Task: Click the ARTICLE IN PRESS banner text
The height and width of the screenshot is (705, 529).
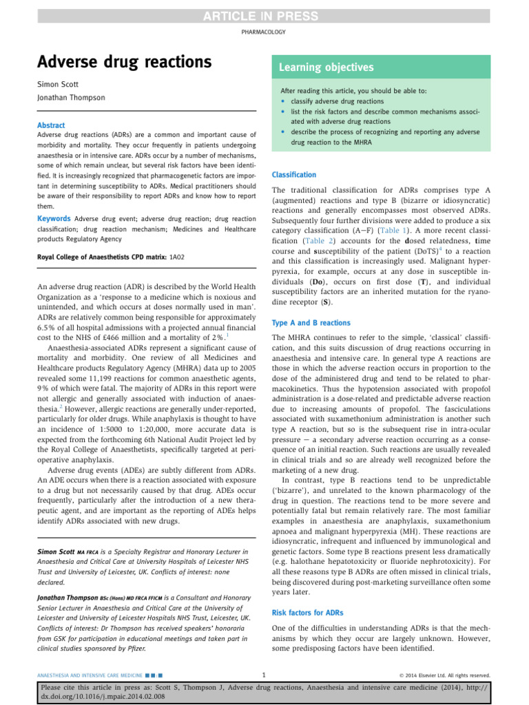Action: tap(264, 16)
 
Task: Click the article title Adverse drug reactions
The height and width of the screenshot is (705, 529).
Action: tap(124, 62)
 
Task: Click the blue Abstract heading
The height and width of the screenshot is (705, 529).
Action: tap(51, 125)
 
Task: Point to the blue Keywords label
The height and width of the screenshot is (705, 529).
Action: tap(54, 218)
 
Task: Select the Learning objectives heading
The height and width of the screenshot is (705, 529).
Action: tap(326, 67)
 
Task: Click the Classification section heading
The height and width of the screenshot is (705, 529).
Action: tap(294, 175)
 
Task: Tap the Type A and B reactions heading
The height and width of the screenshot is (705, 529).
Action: tap(311, 322)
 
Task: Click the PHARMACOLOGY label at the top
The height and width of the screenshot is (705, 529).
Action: tap(264, 32)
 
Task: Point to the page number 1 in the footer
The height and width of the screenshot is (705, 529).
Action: tap(264, 675)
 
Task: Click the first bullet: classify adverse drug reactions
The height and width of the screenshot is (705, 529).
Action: tap(327, 101)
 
